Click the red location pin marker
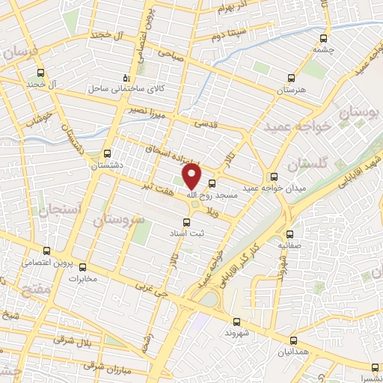click(x=192, y=176)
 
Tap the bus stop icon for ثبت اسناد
click(x=187, y=222)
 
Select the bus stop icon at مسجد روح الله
click(x=212, y=182)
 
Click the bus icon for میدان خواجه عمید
click(x=274, y=177)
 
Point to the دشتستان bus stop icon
click(x=108, y=153)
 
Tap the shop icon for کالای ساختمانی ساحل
click(x=126, y=78)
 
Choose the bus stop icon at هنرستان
click(x=292, y=78)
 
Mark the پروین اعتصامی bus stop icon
click(x=46, y=251)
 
